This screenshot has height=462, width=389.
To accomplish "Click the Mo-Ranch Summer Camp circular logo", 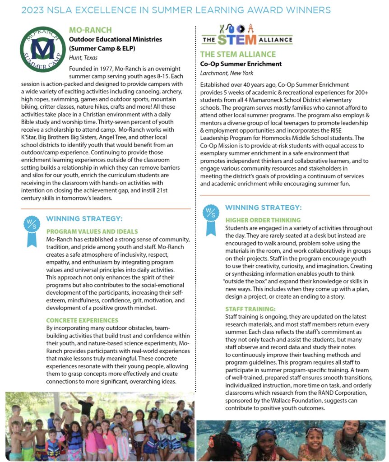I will pyautogui.click(x=42, y=48).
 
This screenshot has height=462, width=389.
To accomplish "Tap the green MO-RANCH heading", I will pyautogui.click(x=90, y=30).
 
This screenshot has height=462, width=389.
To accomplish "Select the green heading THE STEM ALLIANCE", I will pyautogui.click(x=238, y=55).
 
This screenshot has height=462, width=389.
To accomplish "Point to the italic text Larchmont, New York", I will pyautogui.click(x=227, y=73).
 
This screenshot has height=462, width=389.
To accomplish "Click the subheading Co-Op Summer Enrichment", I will pyautogui.click(x=241, y=64).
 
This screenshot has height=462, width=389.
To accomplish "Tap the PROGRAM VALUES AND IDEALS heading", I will pyautogui.click(x=92, y=231).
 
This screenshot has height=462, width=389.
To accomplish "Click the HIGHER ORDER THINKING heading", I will pyautogui.click(x=263, y=220).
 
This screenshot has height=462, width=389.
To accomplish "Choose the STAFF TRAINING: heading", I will pyautogui.click(x=250, y=309).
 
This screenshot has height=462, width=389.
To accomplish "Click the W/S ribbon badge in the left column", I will pyautogui.click(x=31, y=231).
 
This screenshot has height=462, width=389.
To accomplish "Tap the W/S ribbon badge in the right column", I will pyautogui.click(x=211, y=219).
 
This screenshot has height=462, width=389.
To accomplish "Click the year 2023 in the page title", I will pyautogui.click(x=33, y=10).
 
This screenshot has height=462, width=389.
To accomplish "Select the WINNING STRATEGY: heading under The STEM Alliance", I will pyautogui.click(x=263, y=208).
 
